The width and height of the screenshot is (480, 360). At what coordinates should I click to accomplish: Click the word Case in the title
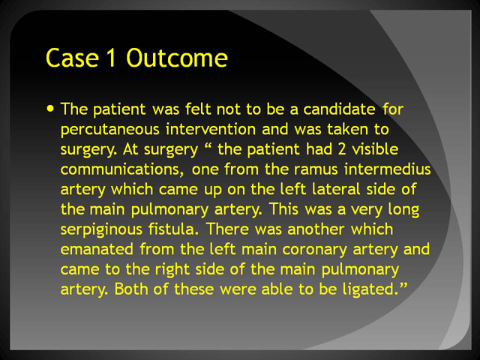(x=72, y=58)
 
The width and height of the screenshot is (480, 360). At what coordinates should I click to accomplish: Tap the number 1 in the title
(x=112, y=58)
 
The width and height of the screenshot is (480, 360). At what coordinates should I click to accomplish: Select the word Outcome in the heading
(x=177, y=58)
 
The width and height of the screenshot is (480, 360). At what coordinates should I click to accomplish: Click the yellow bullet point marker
(x=50, y=108)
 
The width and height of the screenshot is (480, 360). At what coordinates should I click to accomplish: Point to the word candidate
(x=339, y=109)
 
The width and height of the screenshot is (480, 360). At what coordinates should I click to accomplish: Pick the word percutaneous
(x=110, y=130)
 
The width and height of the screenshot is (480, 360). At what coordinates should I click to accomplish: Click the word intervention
(x=211, y=129)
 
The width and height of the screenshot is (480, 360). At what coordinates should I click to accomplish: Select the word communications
(x=122, y=169)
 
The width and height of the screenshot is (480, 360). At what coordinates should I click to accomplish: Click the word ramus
(x=316, y=169)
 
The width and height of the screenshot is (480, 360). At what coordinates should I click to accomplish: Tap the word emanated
(x=97, y=249)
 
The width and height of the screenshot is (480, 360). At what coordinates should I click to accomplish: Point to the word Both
(x=131, y=289)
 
